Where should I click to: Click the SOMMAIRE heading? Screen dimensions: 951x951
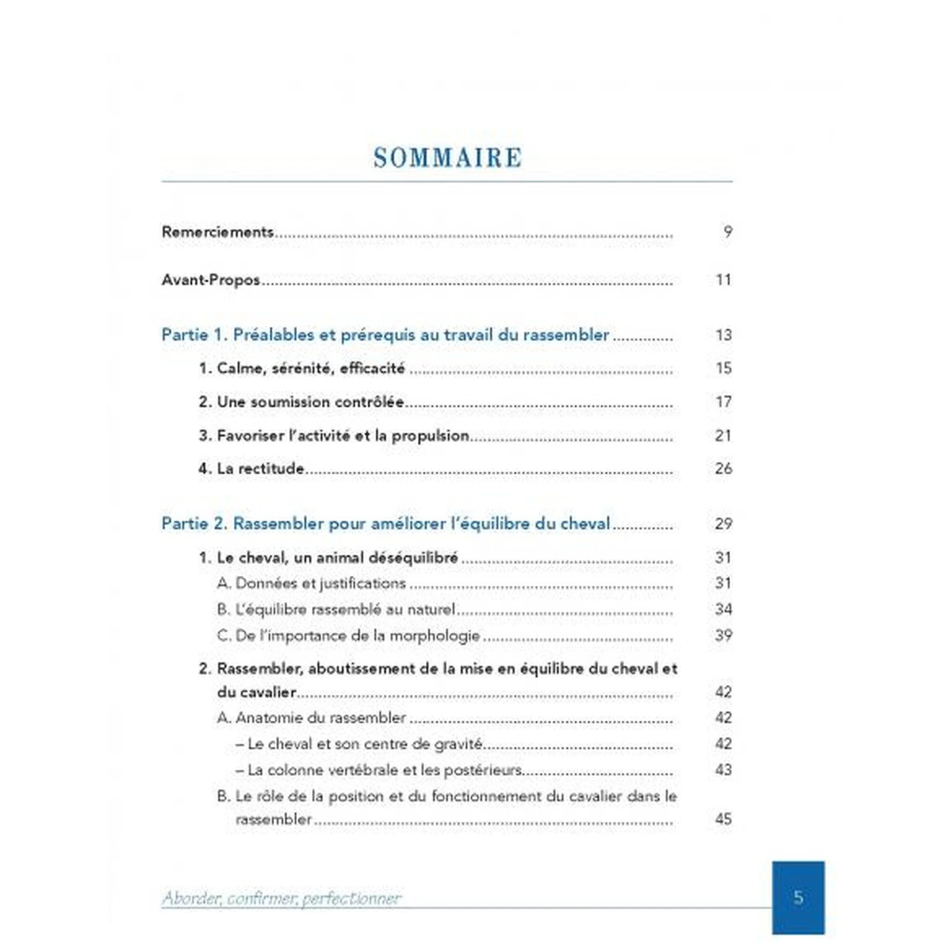448,158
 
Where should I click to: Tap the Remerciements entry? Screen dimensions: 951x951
217,232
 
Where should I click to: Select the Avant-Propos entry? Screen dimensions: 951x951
210,280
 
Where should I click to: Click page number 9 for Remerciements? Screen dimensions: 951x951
728,232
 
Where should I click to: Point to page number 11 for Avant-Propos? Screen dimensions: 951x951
723,280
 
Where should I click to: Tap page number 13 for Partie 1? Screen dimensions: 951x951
723,335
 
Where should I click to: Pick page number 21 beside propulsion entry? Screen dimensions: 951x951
723,436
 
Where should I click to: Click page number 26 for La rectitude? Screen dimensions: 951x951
723,469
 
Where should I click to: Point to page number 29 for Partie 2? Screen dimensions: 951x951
723,524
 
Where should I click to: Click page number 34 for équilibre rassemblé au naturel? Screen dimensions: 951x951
723,609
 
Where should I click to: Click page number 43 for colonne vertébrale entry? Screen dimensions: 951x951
723,770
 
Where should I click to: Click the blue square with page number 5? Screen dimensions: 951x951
798,897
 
